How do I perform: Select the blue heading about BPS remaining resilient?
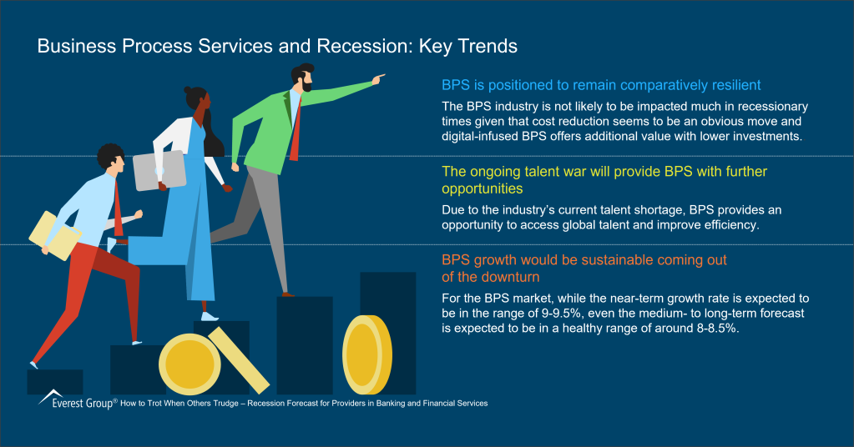pos(600,85)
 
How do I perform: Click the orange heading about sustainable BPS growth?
pos(584,269)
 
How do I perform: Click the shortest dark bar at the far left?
pos(55,381)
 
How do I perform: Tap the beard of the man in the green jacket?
pos(307,84)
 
